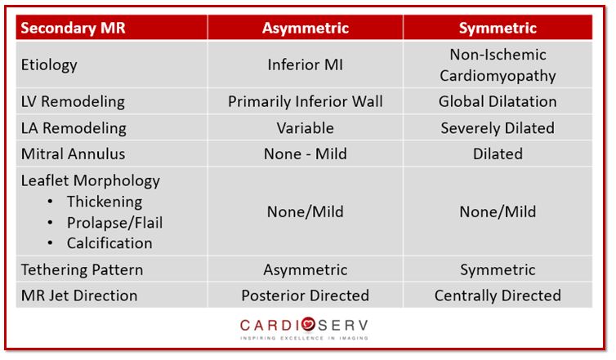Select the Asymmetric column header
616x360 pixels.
305,28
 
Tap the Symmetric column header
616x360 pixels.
497,28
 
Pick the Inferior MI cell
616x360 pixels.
305,65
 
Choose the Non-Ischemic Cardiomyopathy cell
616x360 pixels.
497,65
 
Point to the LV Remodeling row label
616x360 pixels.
73,102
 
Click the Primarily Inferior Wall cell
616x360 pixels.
305,102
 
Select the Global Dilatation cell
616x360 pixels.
497,102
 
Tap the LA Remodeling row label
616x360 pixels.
74,127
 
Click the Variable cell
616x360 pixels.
305,128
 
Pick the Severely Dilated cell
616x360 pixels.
497,128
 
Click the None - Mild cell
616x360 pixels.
305,153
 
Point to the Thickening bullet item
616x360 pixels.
105,202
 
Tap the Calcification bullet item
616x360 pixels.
109,242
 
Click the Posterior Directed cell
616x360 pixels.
305,295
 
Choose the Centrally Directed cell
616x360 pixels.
497,295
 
